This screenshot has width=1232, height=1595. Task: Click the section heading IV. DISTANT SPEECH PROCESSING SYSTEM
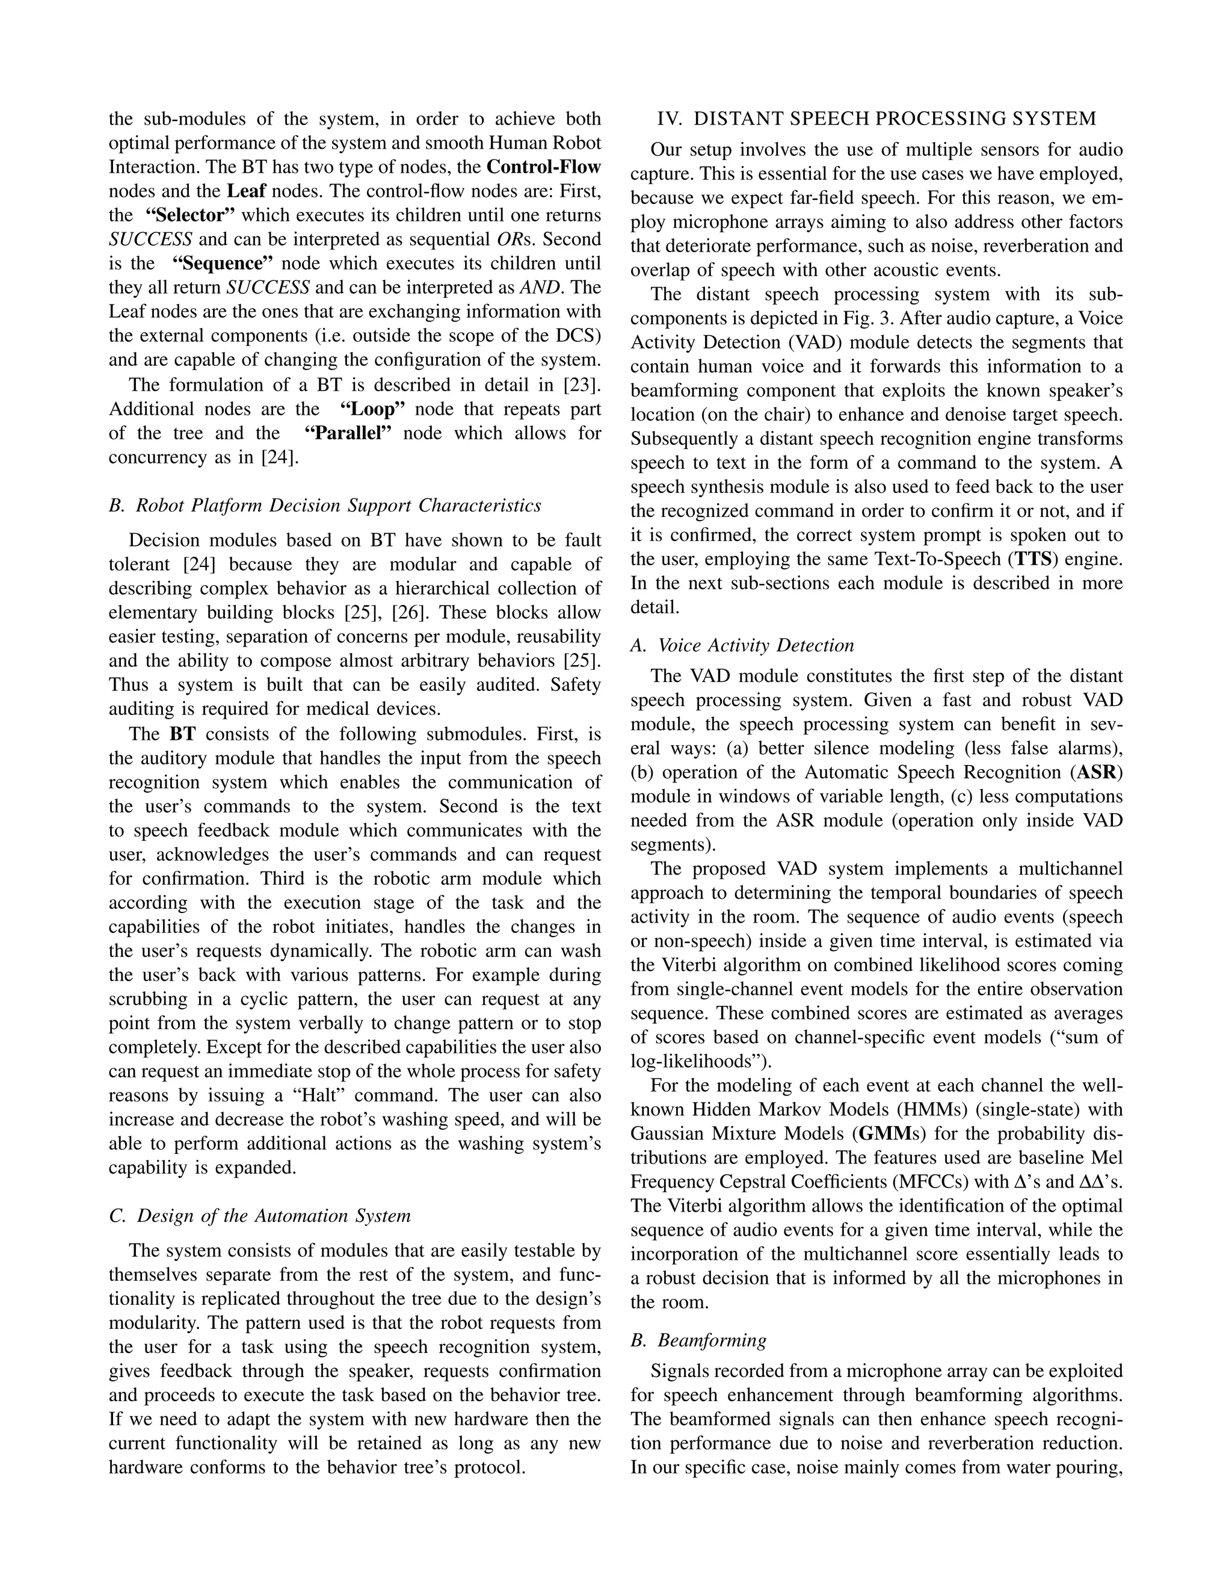click(876, 119)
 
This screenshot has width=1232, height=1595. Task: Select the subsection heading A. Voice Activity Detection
click(742, 646)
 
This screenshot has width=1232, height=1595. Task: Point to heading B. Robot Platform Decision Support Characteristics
click(325, 506)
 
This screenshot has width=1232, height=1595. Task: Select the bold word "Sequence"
click(222, 264)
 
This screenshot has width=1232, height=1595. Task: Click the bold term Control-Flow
click(544, 167)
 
